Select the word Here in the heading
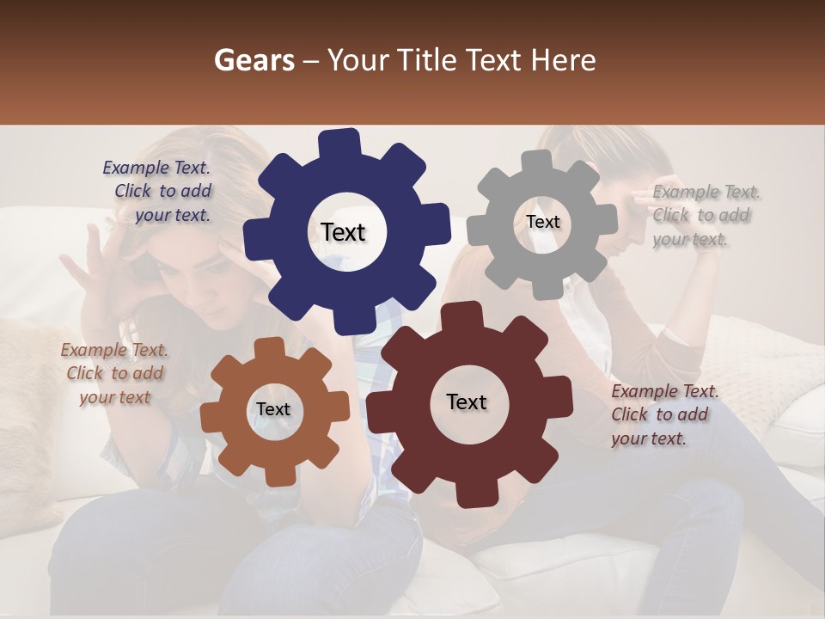click(564, 60)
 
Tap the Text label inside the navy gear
click(343, 232)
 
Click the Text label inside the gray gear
click(542, 222)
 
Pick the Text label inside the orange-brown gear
click(273, 409)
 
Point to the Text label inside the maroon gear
click(467, 401)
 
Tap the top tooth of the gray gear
click(537, 162)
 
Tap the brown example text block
click(115, 373)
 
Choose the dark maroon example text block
click(663, 414)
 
